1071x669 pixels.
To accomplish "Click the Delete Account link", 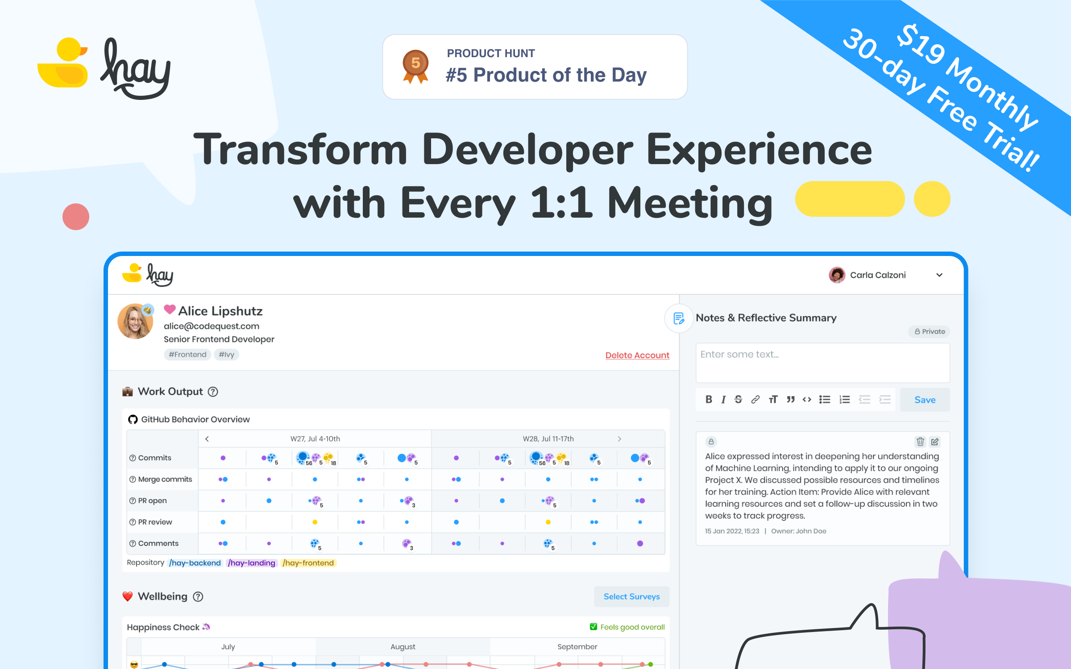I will [637, 355].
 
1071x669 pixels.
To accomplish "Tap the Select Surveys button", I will [631, 596].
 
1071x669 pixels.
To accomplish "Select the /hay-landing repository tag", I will [252, 563].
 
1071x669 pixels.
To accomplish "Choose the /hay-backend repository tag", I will [195, 563].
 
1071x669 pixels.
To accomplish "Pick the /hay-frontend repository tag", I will [308, 563].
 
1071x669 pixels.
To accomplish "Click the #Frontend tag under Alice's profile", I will [187, 355].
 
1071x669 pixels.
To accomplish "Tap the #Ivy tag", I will [226, 355].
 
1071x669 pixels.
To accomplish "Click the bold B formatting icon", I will [708, 400].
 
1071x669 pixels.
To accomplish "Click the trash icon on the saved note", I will [920, 442].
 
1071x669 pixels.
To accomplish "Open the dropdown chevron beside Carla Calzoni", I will [939, 275].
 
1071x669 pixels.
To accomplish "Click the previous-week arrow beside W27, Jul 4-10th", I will [207, 439].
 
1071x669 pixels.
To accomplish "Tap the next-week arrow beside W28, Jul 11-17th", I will [619, 439].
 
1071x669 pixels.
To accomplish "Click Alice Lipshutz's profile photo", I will [135, 322].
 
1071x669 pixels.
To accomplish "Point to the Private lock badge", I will [930, 331].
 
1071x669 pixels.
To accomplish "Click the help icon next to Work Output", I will [213, 392].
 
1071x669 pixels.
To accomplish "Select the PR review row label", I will [154, 522].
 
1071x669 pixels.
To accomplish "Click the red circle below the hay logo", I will [76, 217].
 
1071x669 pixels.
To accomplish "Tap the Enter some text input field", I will [822, 362].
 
